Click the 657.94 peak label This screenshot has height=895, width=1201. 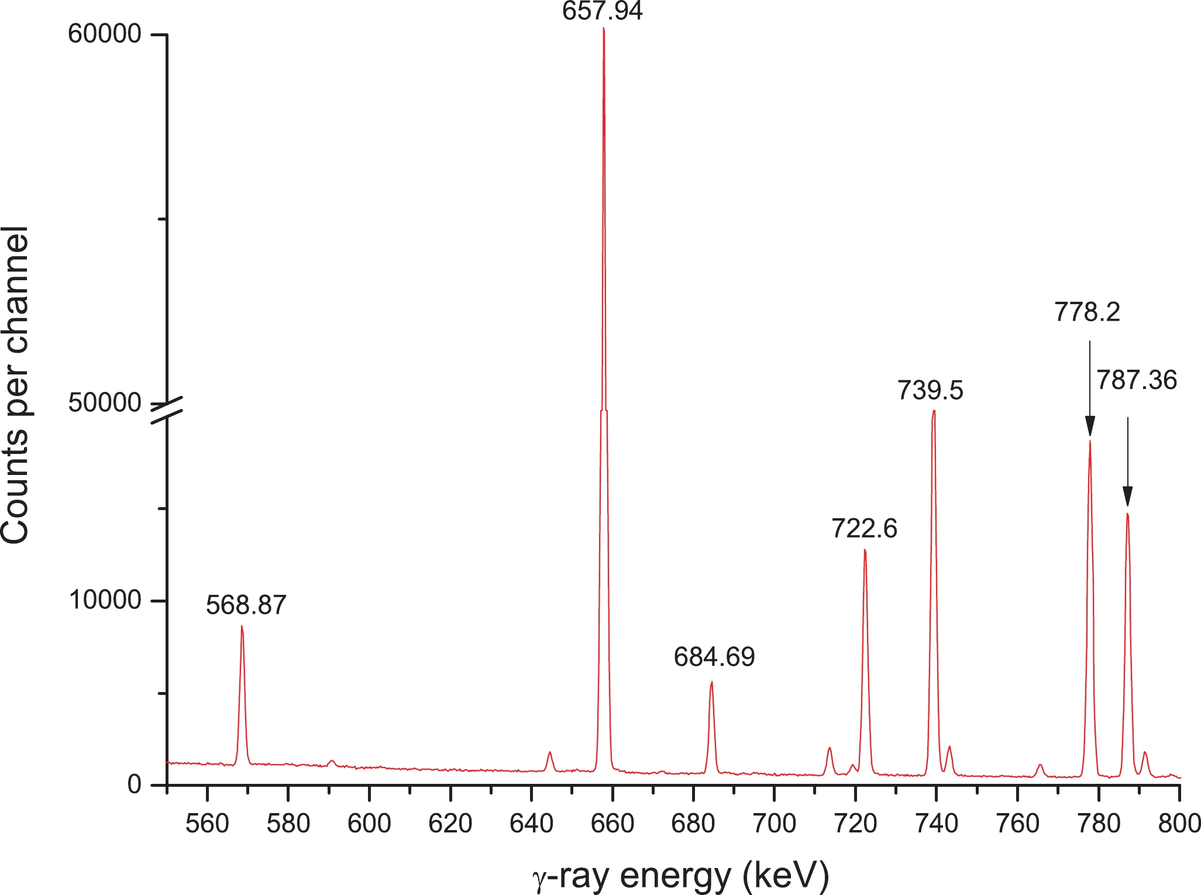coord(603,11)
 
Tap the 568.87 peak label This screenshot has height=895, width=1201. coord(246,605)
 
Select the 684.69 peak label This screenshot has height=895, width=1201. coord(714,658)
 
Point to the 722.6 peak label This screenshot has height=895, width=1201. coord(865,529)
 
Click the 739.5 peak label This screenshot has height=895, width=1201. coord(930,391)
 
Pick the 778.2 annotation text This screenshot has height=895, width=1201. coord(1087,312)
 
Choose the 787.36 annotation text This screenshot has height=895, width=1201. coord(1136,381)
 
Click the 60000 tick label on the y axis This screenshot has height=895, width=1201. coord(105,35)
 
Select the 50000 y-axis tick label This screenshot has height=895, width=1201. coord(105,403)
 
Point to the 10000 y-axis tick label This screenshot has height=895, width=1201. coord(105,600)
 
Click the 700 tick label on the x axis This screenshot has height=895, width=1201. coord(774,824)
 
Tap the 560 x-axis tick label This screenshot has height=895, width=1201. coord(207,824)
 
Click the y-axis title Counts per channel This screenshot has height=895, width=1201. coord(16,385)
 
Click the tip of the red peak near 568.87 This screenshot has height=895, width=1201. coord(242,626)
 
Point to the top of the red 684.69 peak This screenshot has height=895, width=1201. coord(711,682)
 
